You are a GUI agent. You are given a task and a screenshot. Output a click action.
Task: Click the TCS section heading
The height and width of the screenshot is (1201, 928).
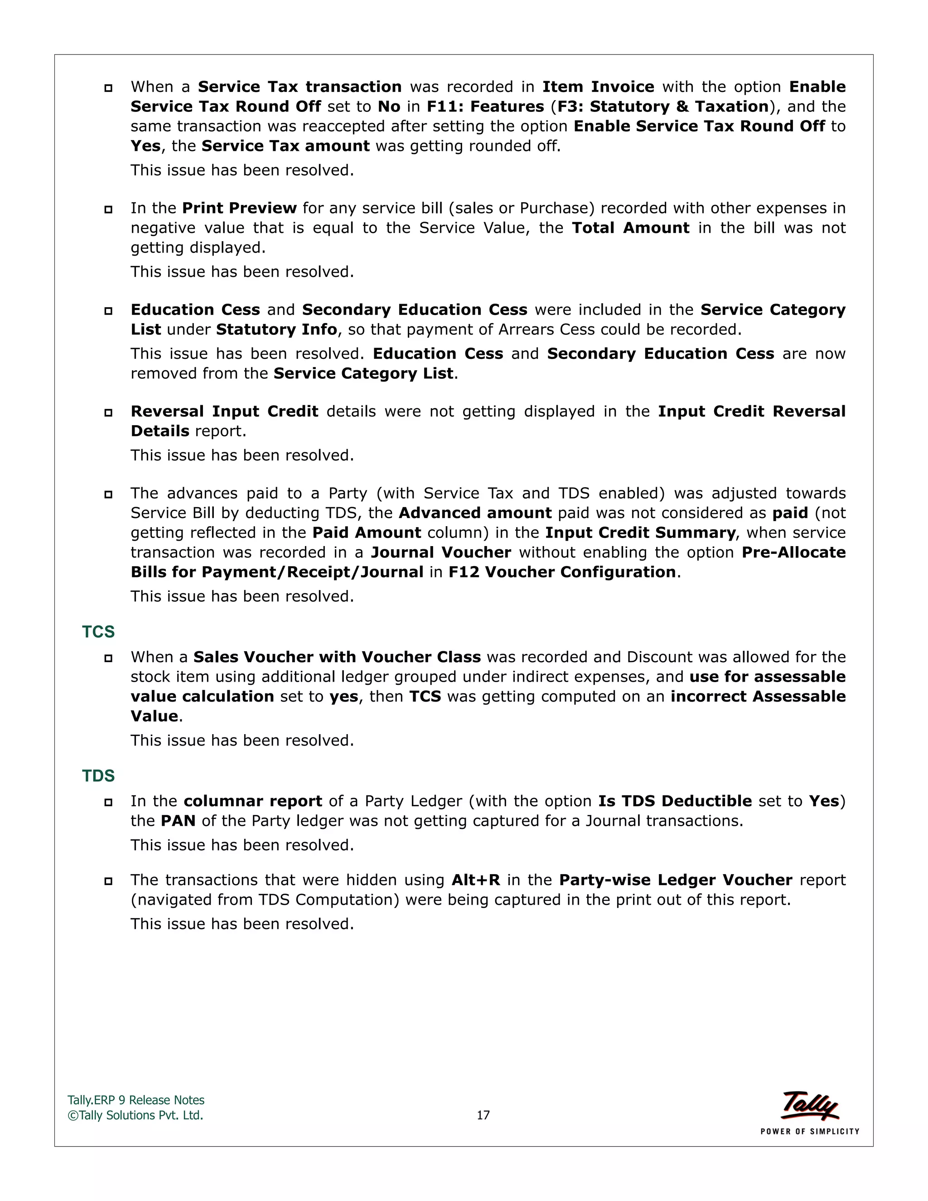click(98, 632)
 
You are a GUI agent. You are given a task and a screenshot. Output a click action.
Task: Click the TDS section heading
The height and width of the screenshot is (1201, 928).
click(98, 776)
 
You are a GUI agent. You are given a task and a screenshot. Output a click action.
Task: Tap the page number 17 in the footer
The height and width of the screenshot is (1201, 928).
click(483, 1115)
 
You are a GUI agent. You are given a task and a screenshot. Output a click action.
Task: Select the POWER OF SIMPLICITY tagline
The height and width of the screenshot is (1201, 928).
click(809, 1132)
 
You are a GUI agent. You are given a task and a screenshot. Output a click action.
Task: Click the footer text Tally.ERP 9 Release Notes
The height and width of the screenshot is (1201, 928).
click(136, 1100)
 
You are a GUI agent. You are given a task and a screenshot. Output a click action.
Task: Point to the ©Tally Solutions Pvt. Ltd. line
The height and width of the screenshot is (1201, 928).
click(135, 1115)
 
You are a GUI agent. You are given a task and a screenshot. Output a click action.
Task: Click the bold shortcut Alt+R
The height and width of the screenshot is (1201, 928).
click(475, 880)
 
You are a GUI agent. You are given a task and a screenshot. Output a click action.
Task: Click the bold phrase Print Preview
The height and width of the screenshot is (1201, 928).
click(239, 208)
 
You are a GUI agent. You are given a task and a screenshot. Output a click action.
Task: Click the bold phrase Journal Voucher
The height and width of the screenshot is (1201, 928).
click(441, 552)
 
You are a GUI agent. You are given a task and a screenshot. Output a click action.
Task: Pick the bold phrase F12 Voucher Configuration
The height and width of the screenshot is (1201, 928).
click(562, 572)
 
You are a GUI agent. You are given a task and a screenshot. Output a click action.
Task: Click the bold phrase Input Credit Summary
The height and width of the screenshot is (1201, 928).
click(640, 533)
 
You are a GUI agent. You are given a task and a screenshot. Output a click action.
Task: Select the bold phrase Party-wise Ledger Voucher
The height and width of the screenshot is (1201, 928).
click(676, 880)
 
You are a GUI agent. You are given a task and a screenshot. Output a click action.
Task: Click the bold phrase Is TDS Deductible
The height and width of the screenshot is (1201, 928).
click(675, 801)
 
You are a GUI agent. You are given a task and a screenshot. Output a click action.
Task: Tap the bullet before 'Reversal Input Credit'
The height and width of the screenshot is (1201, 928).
click(108, 412)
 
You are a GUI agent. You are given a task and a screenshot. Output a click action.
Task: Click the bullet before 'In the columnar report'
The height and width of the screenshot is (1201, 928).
click(108, 802)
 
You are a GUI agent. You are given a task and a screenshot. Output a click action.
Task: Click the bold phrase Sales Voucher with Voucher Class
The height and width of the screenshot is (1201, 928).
click(337, 657)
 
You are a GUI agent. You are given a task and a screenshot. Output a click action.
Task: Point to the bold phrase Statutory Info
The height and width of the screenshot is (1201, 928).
click(276, 329)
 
